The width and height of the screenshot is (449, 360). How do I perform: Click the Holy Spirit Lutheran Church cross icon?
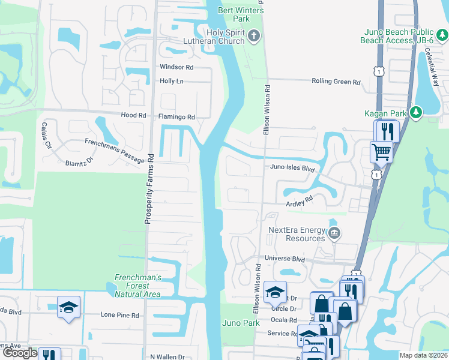(x=254, y=36)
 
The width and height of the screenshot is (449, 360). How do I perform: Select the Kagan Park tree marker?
(x=415, y=112)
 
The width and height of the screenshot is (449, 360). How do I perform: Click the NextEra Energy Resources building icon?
(x=335, y=233)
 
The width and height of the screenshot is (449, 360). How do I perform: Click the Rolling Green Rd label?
(x=336, y=82)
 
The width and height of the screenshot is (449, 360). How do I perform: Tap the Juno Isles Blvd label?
(x=292, y=169)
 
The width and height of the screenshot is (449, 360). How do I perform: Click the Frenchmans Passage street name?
(x=114, y=151)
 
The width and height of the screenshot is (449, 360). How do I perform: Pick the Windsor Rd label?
(x=176, y=67)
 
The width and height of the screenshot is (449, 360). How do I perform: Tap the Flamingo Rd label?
(x=176, y=117)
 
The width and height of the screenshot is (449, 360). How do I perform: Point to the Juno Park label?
(x=241, y=323)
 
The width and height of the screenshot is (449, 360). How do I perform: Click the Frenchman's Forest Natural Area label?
(x=137, y=286)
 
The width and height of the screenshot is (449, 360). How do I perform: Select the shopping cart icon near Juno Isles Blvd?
(x=381, y=151)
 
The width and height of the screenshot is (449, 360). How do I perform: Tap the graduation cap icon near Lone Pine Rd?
(x=69, y=308)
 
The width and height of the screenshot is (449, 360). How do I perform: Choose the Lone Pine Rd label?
(x=119, y=314)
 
